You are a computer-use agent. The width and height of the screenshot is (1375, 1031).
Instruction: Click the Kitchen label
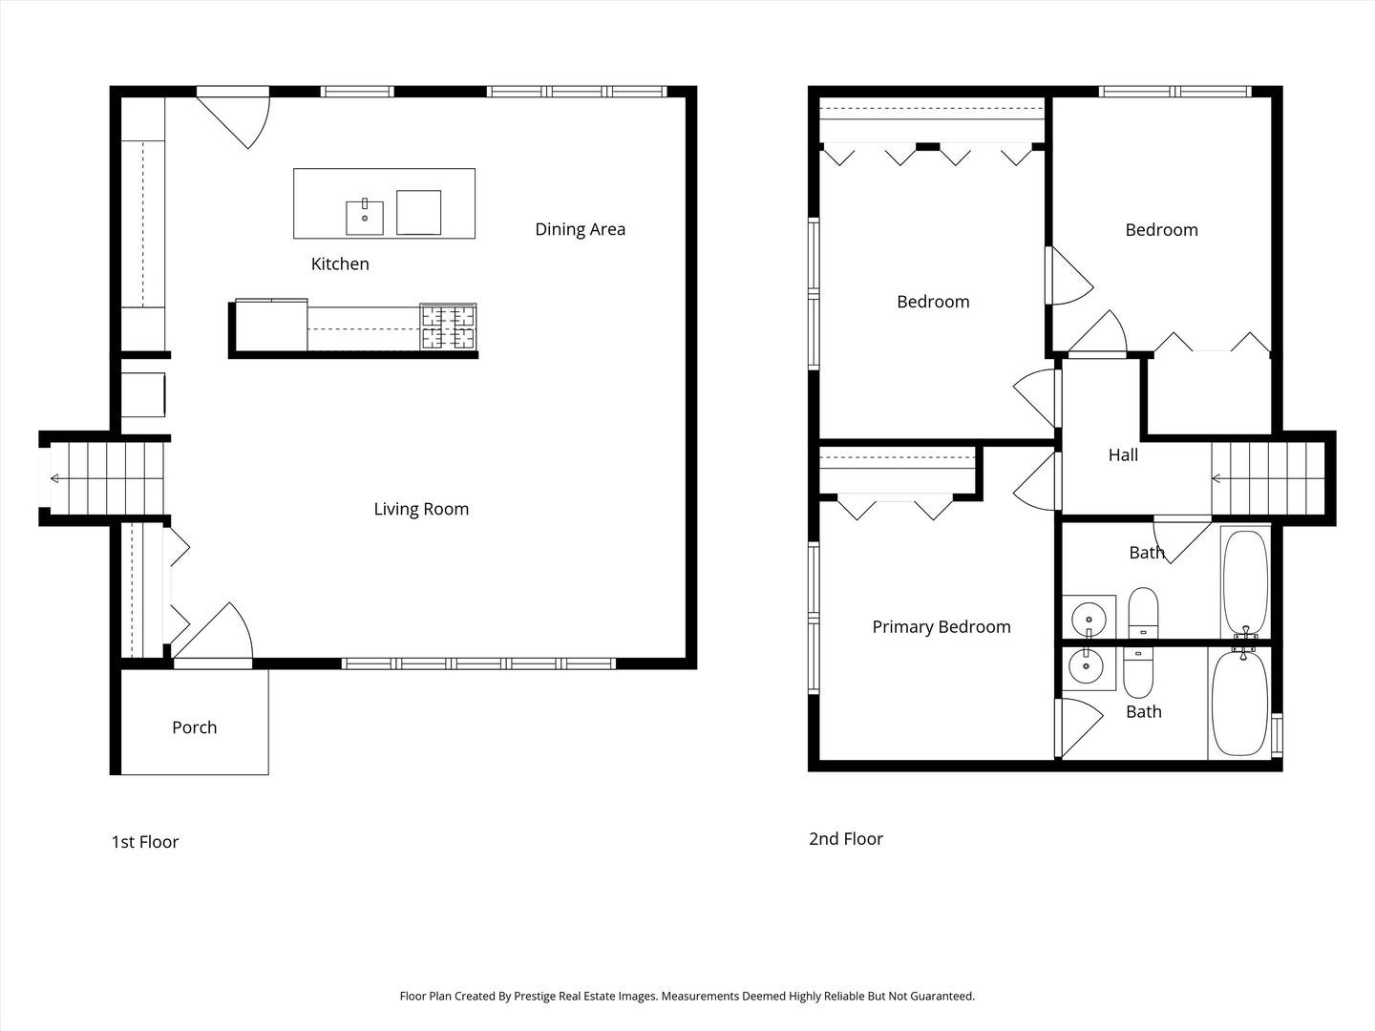click(340, 264)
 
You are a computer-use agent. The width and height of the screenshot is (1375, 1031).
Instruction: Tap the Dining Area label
click(580, 229)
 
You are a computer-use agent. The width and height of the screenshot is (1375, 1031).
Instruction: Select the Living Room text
click(421, 509)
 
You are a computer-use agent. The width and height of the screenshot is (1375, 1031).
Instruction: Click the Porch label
click(194, 727)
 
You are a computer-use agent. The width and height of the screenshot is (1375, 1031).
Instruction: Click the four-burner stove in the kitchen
click(448, 327)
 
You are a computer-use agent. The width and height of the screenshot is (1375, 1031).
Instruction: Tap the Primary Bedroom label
click(941, 627)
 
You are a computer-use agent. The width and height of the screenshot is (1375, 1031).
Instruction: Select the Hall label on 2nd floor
click(1123, 455)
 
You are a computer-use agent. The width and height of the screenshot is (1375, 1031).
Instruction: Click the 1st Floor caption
click(145, 842)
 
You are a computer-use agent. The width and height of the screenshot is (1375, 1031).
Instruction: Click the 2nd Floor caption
click(846, 839)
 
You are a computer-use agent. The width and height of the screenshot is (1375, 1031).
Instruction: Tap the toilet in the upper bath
click(1143, 612)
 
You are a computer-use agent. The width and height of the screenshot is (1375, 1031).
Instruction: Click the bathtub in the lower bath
click(1239, 705)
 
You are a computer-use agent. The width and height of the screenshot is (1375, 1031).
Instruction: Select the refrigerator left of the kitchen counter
click(271, 326)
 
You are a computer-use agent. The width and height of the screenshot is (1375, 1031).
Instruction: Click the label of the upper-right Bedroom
click(1161, 230)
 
